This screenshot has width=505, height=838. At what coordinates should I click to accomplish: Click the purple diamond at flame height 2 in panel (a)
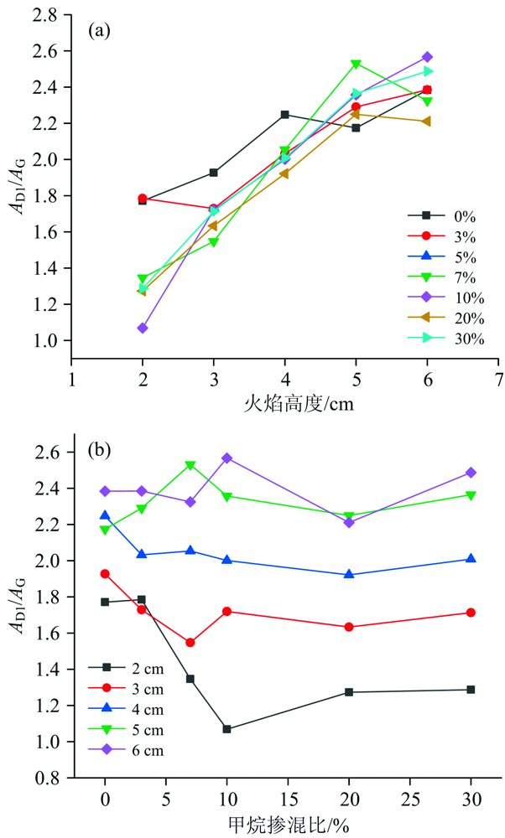[x=143, y=328]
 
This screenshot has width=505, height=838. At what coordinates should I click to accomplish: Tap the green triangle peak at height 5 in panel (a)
[x=357, y=65]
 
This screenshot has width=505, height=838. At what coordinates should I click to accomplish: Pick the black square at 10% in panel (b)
[x=226, y=729]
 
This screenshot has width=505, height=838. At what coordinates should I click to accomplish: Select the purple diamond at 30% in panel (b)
[x=471, y=473]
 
